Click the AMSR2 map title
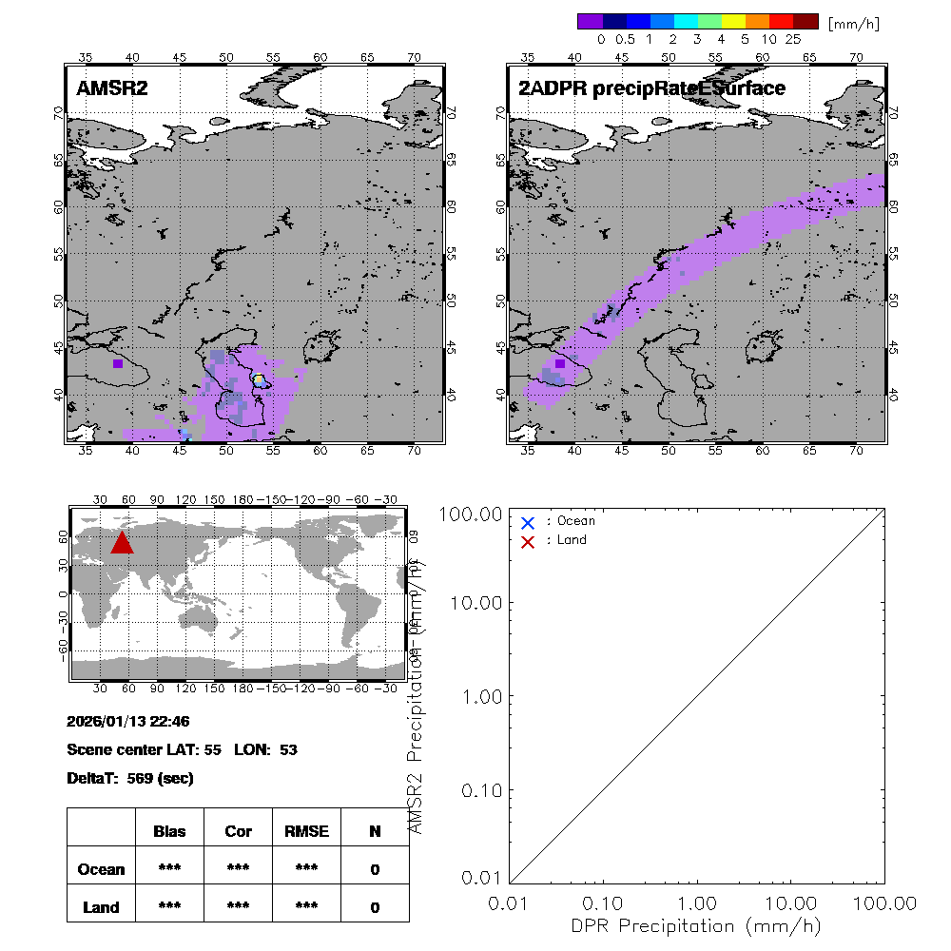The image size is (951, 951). (x=112, y=89)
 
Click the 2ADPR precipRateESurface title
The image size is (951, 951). (x=651, y=89)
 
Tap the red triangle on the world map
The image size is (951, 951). (x=122, y=542)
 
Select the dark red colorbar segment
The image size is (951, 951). (x=805, y=21)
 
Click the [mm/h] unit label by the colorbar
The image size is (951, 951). (x=853, y=22)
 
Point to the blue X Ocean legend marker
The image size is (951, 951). (x=528, y=522)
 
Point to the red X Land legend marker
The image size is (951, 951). (x=528, y=541)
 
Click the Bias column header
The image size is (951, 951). (x=169, y=831)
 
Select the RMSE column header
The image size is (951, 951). (x=306, y=831)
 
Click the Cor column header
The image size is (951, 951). (x=238, y=831)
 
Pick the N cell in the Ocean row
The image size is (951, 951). (x=375, y=869)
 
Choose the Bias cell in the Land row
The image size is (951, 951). (x=169, y=907)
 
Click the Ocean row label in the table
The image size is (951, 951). (x=101, y=869)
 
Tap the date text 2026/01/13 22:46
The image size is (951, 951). (x=128, y=722)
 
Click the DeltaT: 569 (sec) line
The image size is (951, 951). (x=130, y=778)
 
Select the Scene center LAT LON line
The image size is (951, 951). (x=182, y=749)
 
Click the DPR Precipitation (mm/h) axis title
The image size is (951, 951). (x=697, y=925)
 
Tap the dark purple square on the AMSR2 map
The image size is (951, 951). (x=118, y=363)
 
